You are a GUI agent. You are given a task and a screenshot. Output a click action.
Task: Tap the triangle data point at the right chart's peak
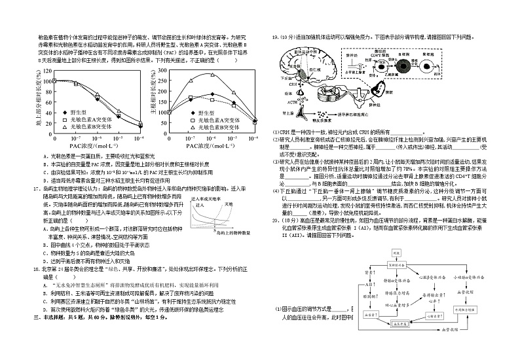pos(212,75)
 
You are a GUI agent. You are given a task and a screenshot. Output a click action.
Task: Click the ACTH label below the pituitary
pos(293,102)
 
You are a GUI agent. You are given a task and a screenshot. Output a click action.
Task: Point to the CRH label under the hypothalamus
pos(292,83)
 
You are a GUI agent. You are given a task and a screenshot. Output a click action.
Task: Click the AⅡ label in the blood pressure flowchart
pos(367,285)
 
